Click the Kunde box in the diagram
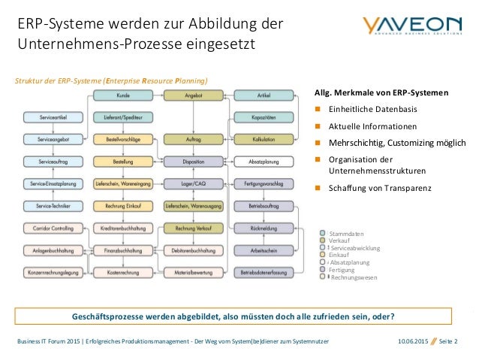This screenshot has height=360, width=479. point(123,95)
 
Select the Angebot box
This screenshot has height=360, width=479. point(192,95)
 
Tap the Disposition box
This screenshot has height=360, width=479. point(192,161)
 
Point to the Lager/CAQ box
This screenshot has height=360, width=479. point(192,183)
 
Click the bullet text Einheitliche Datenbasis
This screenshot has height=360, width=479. point(363,110)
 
